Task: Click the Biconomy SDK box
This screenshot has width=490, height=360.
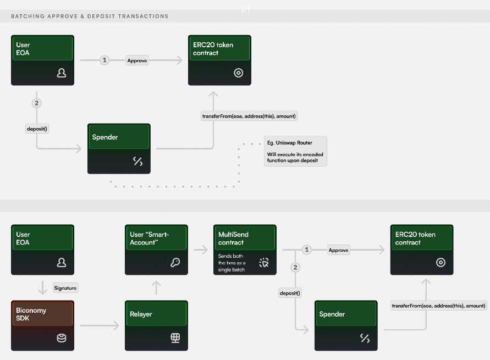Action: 42,325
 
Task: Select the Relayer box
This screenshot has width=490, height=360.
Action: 156,325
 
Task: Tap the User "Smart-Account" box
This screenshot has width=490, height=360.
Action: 156,249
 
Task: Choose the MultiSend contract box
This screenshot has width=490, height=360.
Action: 244,249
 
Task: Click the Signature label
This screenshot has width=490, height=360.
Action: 65,287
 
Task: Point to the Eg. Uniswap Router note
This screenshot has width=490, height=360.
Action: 295,151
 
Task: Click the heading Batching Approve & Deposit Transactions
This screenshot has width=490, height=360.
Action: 90,16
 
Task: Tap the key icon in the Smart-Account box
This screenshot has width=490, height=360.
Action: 175,263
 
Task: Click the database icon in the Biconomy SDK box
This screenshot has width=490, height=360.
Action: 62,338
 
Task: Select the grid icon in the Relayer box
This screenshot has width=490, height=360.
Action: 175,338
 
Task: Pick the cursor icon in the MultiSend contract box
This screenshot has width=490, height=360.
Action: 264,263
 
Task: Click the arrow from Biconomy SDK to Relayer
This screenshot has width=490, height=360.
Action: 100,326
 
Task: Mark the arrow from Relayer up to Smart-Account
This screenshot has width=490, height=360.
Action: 156,287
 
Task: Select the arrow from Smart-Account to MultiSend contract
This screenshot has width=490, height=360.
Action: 200,250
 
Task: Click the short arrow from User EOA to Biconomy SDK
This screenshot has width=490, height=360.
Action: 42,287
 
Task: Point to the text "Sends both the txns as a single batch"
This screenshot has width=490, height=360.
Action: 232,263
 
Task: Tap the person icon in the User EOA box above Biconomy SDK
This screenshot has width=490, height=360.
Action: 62,263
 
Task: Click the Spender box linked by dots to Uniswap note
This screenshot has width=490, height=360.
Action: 119,148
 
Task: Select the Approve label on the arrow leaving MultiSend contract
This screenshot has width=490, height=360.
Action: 338,250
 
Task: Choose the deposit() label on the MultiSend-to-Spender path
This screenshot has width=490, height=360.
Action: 290,293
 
